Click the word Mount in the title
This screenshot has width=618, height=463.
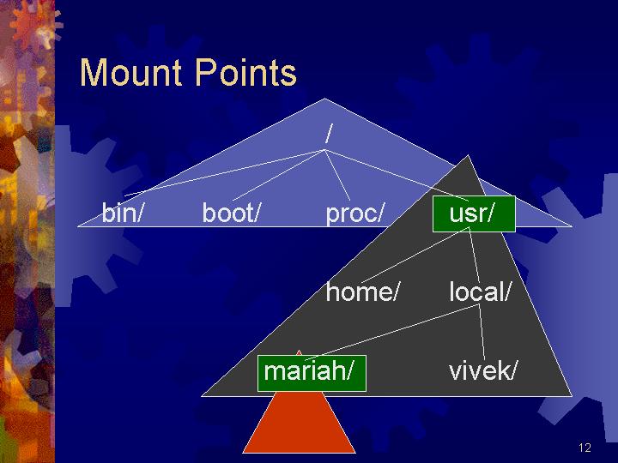(130, 72)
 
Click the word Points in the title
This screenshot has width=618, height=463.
(245, 72)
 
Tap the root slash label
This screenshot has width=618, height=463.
(329, 133)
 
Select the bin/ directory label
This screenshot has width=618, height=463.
(121, 213)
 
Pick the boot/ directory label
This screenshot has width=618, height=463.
(232, 213)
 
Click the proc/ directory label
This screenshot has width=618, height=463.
(354, 213)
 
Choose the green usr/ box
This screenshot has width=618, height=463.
(474, 213)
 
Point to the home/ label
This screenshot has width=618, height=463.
(362, 292)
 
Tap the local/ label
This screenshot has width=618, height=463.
(480, 292)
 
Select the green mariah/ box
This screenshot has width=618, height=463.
(312, 373)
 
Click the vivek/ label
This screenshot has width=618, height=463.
(482, 371)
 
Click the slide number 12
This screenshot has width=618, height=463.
(585, 448)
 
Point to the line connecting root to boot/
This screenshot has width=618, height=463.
(278, 175)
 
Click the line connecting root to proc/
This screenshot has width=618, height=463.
(337, 175)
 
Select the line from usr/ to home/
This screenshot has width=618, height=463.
(415, 255)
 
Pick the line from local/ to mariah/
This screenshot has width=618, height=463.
(391, 332)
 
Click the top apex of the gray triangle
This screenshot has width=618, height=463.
(468, 155)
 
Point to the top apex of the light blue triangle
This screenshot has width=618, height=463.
(324, 99)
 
